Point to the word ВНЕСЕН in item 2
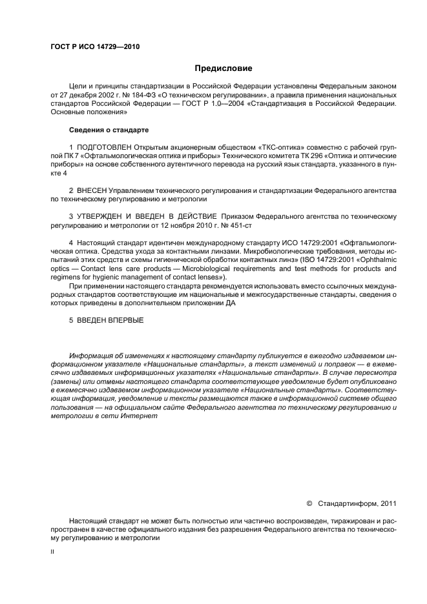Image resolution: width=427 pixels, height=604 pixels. click(x=91, y=191)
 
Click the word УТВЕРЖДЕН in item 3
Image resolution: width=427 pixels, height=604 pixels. click(x=103, y=216)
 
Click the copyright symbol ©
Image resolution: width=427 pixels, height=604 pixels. click(x=309, y=503)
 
